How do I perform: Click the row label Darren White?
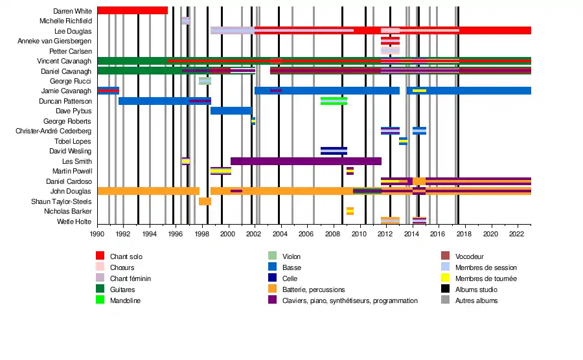click(73, 11)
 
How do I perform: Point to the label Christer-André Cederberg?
click(53, 131)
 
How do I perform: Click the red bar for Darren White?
click(132, 10)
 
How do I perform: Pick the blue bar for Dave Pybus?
click(231, 111)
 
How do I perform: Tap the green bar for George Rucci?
click(205, 81)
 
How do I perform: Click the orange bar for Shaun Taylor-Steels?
click(205, 201)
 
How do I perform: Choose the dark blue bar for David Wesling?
click(334, 151)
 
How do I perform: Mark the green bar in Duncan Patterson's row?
click(334, 101)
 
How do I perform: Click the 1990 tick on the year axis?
click(97, 234)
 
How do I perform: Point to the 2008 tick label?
click(333, 234)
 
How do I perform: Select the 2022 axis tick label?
click(516, 234)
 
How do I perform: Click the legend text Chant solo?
click(126, 256)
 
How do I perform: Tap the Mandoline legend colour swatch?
click(100, 300)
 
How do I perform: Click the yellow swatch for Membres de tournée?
click(445, 278)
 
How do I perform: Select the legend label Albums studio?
click(476, 289)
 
